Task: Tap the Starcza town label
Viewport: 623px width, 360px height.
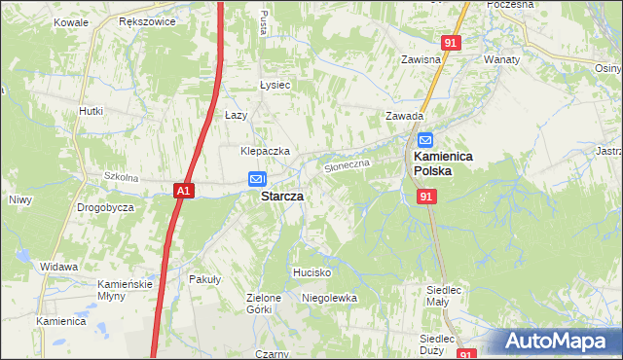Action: tap(281, 196)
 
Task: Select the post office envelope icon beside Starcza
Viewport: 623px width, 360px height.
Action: tap(256, 179)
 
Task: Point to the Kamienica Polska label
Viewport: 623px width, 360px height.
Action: tap(433, 162)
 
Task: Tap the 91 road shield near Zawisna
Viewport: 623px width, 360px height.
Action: tap(449, 43)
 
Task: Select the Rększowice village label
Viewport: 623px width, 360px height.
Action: tap(142, 20)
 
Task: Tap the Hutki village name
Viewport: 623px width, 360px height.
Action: tap(91, 111)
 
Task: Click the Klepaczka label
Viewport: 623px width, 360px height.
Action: tap(266, 151)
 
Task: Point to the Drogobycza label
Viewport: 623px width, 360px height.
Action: tap(105, 208)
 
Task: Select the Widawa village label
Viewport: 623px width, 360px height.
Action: tap(58, 266)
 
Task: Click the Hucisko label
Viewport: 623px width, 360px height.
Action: tap(313, 272)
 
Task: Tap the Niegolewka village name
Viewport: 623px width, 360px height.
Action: tap(329, 297)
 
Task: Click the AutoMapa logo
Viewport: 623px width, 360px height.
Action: tap(556, 342)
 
